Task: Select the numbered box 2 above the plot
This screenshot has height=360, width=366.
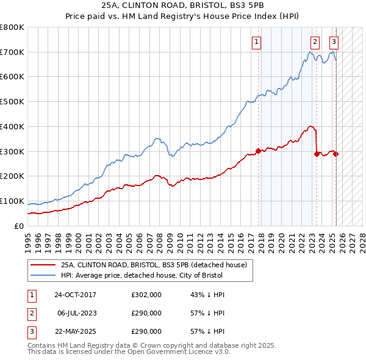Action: coord(315,42)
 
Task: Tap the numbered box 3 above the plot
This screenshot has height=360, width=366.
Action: coord(334,42)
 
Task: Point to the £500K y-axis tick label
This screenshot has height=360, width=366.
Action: coord(12,102)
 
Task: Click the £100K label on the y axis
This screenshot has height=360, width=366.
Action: coord(12,201)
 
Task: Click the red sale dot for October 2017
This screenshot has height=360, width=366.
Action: coord(258,151)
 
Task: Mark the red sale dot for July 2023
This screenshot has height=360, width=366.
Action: coord(317,154)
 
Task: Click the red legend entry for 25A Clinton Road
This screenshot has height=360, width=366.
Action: coord(153,265)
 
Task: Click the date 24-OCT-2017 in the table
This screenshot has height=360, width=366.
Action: coord(75,295)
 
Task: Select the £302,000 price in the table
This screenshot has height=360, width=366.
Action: coord(146,295)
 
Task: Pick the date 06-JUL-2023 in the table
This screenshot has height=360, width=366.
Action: coord(75,313)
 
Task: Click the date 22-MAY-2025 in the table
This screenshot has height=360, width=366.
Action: coord(75,331)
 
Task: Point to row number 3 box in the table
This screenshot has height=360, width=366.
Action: coord(31,331)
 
